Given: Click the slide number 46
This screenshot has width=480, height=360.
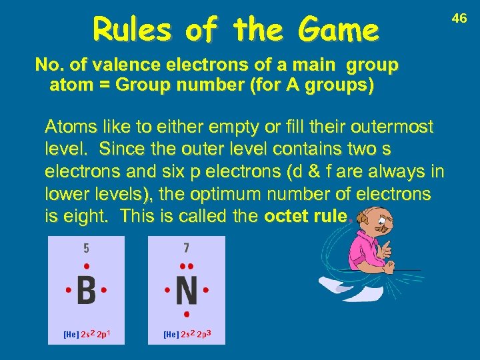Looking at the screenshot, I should point(459,19).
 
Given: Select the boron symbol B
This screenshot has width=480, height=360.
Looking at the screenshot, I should point(86,291).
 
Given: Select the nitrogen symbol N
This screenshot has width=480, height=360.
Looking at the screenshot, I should point(187,291).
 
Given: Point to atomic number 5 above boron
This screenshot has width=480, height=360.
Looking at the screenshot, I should point(86,249).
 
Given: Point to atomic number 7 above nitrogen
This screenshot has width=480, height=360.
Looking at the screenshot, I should point(187,249).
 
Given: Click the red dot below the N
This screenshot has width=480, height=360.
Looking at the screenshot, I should point(187,313).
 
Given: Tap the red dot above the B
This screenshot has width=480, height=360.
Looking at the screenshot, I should point(86,265).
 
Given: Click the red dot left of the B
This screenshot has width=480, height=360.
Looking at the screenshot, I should point(67,291).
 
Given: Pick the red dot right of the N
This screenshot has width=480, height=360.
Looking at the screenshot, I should point(207,291).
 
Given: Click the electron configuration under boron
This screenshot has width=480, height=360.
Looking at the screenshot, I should point(87,333).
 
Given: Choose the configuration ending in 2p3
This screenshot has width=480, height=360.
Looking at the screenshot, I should point(187,333).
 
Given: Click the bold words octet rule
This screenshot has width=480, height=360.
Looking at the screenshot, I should point(305,217).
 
